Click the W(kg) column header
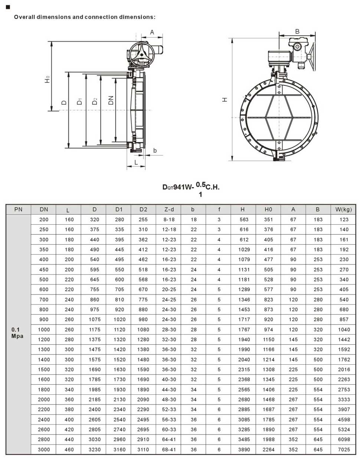pyautogui.click(x=343, y=209)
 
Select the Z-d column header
pyautogui.click(x=169, y=209)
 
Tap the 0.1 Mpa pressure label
pyautogui.click(x=17, y=333)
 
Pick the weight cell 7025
pyautogui.click(x=344, y=449)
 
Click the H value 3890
pyautogui.click(x=244, y=449)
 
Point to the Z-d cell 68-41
pyautogui.click(x=169, y=449)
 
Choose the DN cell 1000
pyautogui.click(x=44, y=329)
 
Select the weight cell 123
pyautogui.click(x=344, y=219)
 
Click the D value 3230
pyautogui.click(x=94, y=449)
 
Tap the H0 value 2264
pyautogui.click(x=268, y=449)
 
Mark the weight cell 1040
pyautogui.click(x=344, y=329)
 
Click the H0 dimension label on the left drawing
pyautogui.click(x=47, y=79)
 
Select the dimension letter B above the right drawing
pyautogui.click(x=297, y=32)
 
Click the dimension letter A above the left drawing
pyautogui.click(x=152, y=33)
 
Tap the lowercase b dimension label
pyautogui.click(x=155, y=150)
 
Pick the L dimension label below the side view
pyautogui.click(x=136, y=162)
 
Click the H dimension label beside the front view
pyautogui.click(x=225, y=100)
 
